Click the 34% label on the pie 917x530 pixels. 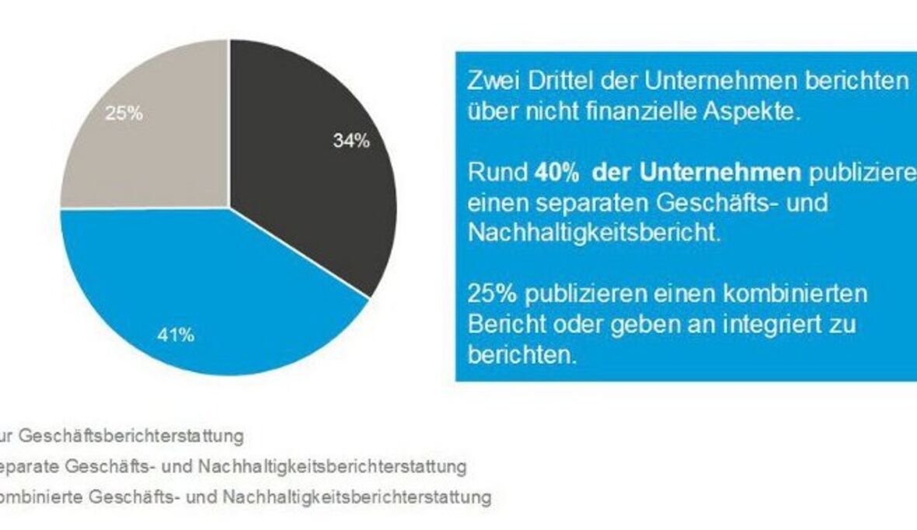pyautogui.click(x=352, y=142)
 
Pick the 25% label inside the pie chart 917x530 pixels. pyautogui.click(x=124, y=113)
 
